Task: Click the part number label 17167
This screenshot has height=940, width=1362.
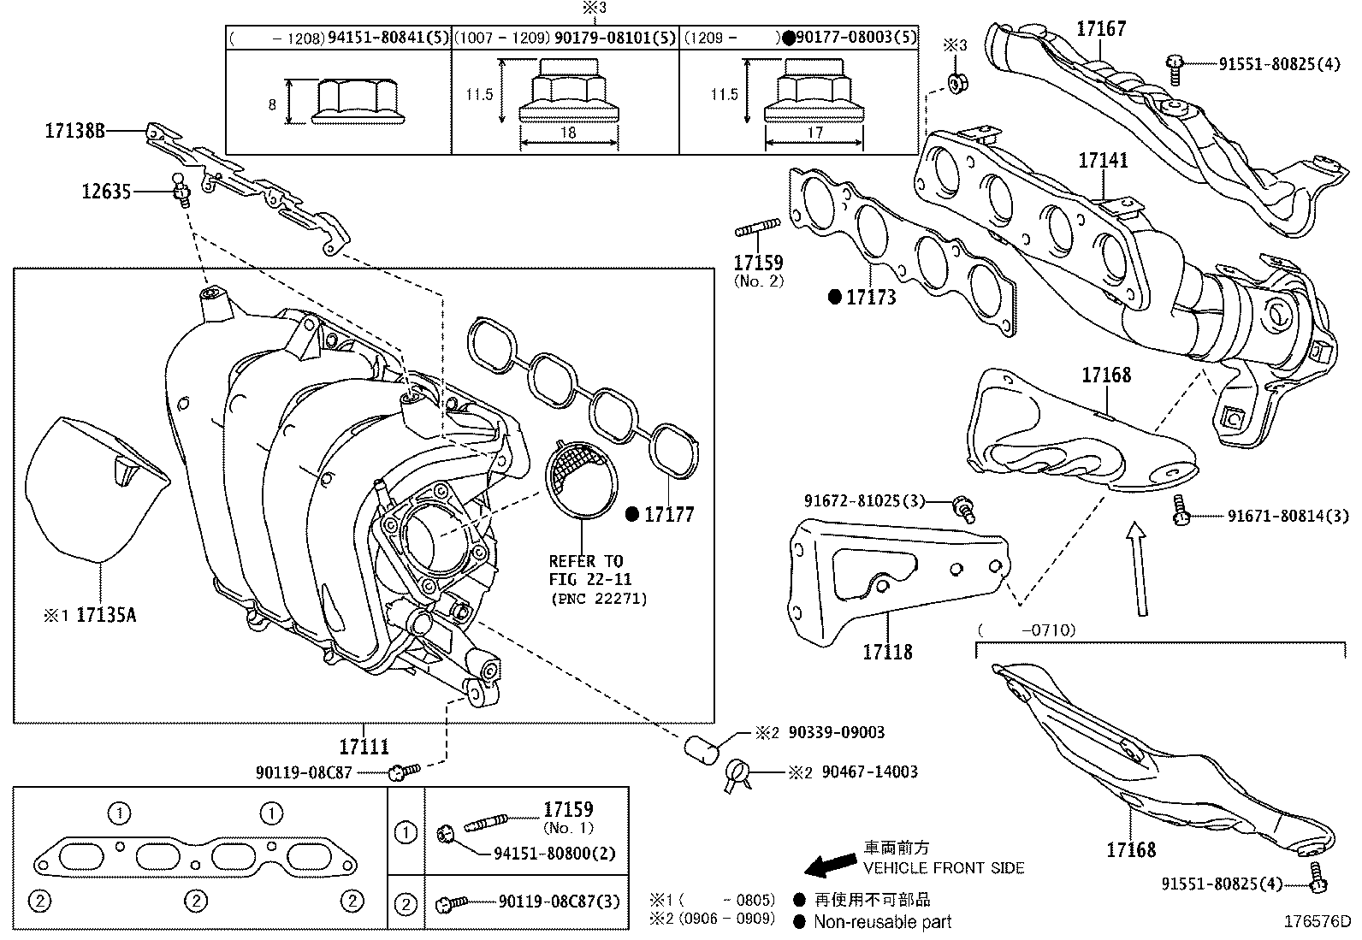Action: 1101,28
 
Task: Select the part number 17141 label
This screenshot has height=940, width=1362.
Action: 1103,160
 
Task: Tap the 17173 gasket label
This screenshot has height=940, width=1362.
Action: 871,298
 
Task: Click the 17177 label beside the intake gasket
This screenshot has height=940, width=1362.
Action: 669,514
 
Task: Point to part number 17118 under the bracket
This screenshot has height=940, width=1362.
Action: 887,652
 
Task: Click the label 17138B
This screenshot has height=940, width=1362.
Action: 74,131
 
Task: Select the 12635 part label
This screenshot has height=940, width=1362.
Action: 106,192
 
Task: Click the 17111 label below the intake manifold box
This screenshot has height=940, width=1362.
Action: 364,747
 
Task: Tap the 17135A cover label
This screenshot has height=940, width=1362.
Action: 106,614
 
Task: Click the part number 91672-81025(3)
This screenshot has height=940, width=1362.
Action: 864,500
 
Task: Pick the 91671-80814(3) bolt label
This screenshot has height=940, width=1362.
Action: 1288,515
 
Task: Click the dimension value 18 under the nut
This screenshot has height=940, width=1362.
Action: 568,133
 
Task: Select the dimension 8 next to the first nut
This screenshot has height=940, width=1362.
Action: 272,104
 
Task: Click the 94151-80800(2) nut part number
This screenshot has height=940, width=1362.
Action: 554,854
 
